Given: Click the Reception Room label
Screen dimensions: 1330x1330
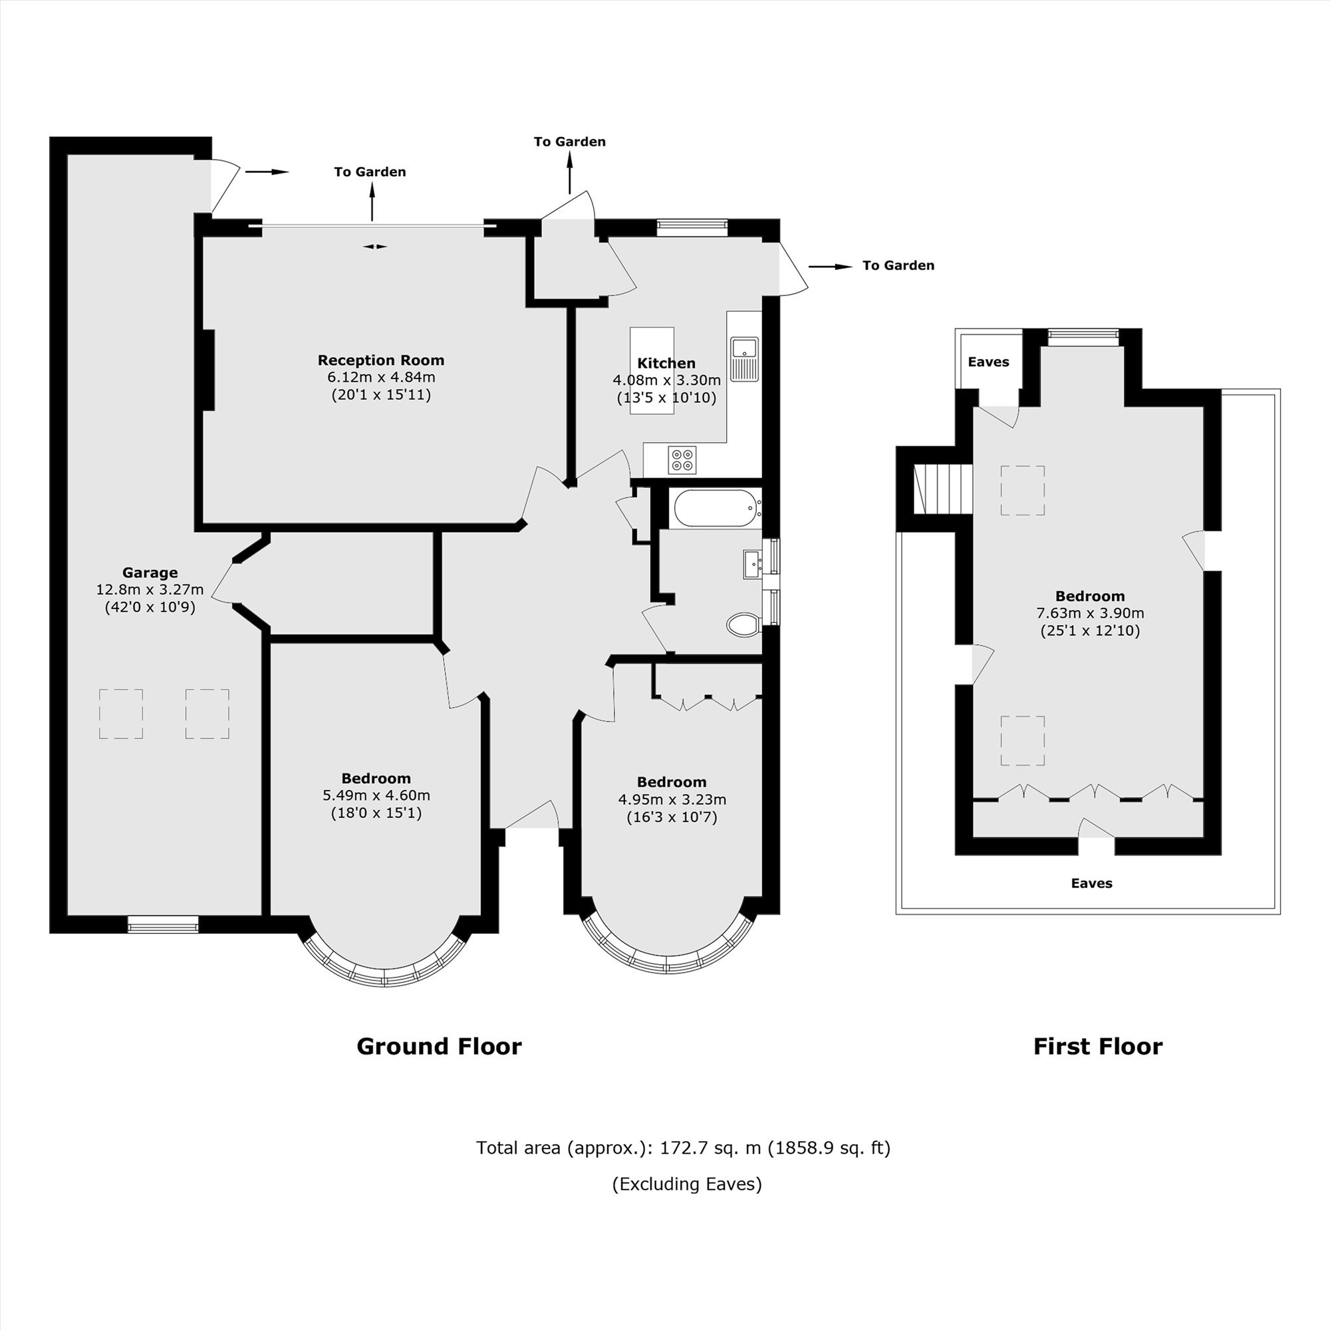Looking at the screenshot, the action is click(380, 360).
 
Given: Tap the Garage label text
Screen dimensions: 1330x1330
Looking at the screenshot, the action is click(150, 572).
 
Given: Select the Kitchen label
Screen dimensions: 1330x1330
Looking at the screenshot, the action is click(666, 363).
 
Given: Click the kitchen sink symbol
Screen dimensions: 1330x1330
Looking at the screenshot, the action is click(744, 358).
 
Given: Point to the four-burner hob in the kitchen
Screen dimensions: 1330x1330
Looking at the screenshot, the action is click(682, 460).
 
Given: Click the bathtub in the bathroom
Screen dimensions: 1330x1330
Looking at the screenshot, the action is click(718, 508).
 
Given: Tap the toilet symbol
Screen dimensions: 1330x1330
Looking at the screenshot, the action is click(743, 624).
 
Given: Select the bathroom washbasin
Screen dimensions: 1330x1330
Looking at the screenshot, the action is click(752, 564).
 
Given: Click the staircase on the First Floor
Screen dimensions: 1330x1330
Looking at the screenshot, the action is click(942, 489).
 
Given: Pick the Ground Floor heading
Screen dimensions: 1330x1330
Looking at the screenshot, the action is click(439, 1045).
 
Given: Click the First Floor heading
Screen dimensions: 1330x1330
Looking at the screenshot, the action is click(1097, 1045).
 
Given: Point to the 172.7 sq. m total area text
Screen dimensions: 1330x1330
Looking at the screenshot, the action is click(683, 1148).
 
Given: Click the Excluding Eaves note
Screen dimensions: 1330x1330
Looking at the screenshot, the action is click(687, 1184).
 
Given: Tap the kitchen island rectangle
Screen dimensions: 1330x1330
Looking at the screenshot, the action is click(652, 370).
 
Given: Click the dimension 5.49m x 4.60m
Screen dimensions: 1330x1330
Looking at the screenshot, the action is click(376, 795).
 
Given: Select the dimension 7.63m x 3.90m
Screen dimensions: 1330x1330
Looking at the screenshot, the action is click(1091, 612).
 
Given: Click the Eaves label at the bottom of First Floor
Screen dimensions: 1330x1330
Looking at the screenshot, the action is click(1092, 882).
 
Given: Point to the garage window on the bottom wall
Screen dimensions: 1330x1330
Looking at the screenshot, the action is click(163, 924).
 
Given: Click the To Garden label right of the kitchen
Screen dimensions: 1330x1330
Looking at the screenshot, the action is click(898, 265).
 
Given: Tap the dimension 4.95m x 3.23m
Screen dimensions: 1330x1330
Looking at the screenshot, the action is click(672, 799).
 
